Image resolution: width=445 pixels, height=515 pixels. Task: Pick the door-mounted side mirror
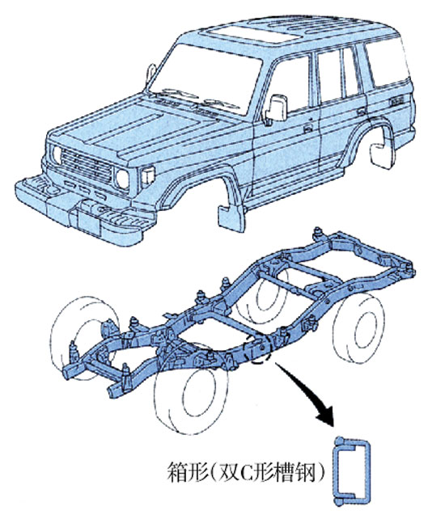276,108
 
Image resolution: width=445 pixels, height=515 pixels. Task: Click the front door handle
307,129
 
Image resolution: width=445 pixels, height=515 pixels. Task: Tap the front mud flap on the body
231,217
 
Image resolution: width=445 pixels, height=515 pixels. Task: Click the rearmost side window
387,61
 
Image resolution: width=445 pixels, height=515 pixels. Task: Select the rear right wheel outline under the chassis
359,327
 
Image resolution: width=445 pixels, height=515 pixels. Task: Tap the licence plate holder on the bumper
88,222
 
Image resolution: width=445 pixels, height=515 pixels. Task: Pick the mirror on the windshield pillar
150,73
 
